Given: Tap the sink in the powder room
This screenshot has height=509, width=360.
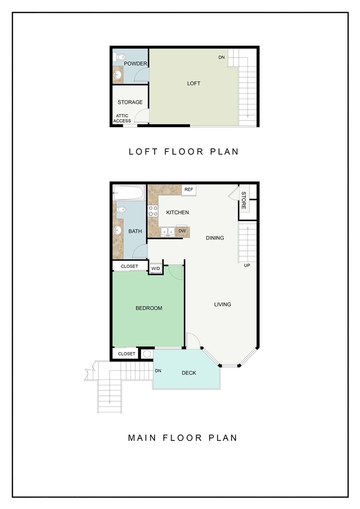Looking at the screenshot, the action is (x=117, y=75).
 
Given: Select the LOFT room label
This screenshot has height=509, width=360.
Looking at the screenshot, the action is (x=193, y=84).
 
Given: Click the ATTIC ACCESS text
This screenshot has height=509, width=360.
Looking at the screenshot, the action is (x=122, y=118).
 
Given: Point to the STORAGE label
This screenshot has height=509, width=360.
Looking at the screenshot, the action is (x=130, y=102).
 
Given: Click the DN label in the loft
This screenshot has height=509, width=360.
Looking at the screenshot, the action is (x=221, y=58).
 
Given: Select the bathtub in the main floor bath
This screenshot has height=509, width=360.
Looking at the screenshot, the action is (x=129, y=193).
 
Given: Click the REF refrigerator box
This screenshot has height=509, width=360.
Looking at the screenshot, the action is (x=188, y=190).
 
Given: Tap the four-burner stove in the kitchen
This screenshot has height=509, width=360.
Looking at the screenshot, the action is (x=153, y=211).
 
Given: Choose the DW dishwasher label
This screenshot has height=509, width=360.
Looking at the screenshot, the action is (x=183, y=231).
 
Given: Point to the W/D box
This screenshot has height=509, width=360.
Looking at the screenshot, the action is (x=156, y=268).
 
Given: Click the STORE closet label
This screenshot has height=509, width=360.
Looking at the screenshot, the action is (x=244, y=200).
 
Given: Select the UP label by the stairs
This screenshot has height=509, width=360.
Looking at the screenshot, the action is (x=247, y=265).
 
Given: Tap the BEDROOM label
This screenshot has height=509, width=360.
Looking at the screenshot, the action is (x=149, y=308).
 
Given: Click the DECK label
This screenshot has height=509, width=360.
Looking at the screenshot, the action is (x=189, y=373).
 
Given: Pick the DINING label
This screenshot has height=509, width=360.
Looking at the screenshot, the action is (x=215, y=238).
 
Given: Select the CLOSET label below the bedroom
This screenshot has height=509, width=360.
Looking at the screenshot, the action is (x=127, y=354).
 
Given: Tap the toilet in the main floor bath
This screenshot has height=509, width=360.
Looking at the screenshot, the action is (x=122, y=209).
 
